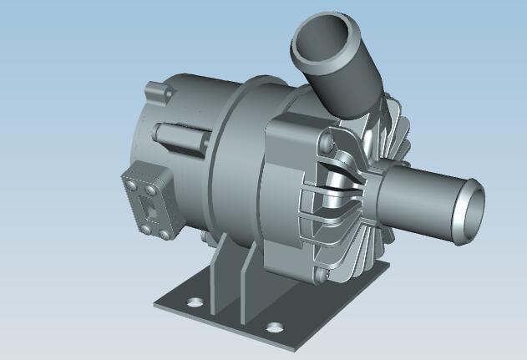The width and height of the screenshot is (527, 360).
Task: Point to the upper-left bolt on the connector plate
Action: [133, 177]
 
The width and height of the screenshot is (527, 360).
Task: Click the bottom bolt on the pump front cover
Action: [320, 271]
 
